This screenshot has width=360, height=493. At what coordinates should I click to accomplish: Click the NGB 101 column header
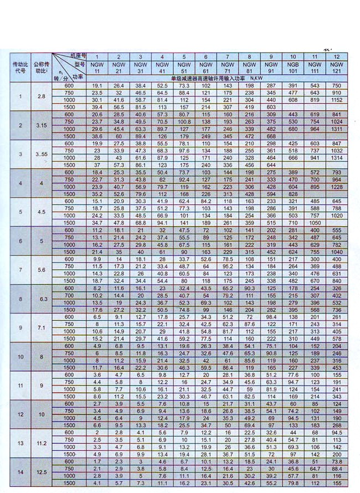point(293,68)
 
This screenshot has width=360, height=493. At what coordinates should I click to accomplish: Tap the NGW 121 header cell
point(336,68)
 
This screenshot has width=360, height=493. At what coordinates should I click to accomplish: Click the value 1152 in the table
point(336,100)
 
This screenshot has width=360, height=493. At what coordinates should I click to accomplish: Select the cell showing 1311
point(336,129)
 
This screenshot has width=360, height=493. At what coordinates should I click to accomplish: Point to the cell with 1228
point(336,186)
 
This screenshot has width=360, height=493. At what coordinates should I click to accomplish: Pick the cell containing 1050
point(315,222)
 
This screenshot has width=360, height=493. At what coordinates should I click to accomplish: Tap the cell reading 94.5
point(336,432)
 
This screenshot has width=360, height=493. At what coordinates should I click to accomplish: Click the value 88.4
point(336,468)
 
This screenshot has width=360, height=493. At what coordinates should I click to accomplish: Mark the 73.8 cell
point(336,461)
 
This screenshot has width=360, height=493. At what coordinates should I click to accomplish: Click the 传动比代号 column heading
point(20,68)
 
